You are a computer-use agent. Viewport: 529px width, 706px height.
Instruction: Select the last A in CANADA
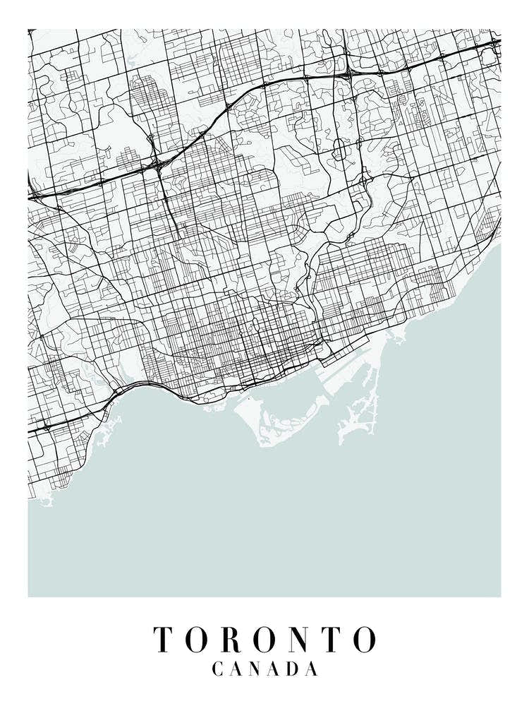[310, 669]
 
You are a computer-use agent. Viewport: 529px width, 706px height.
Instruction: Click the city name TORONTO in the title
[264, 639]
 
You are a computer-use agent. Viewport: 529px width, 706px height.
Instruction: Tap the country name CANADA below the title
[264, 669]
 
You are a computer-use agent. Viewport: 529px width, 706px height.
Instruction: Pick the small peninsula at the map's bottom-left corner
[44, 501]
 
